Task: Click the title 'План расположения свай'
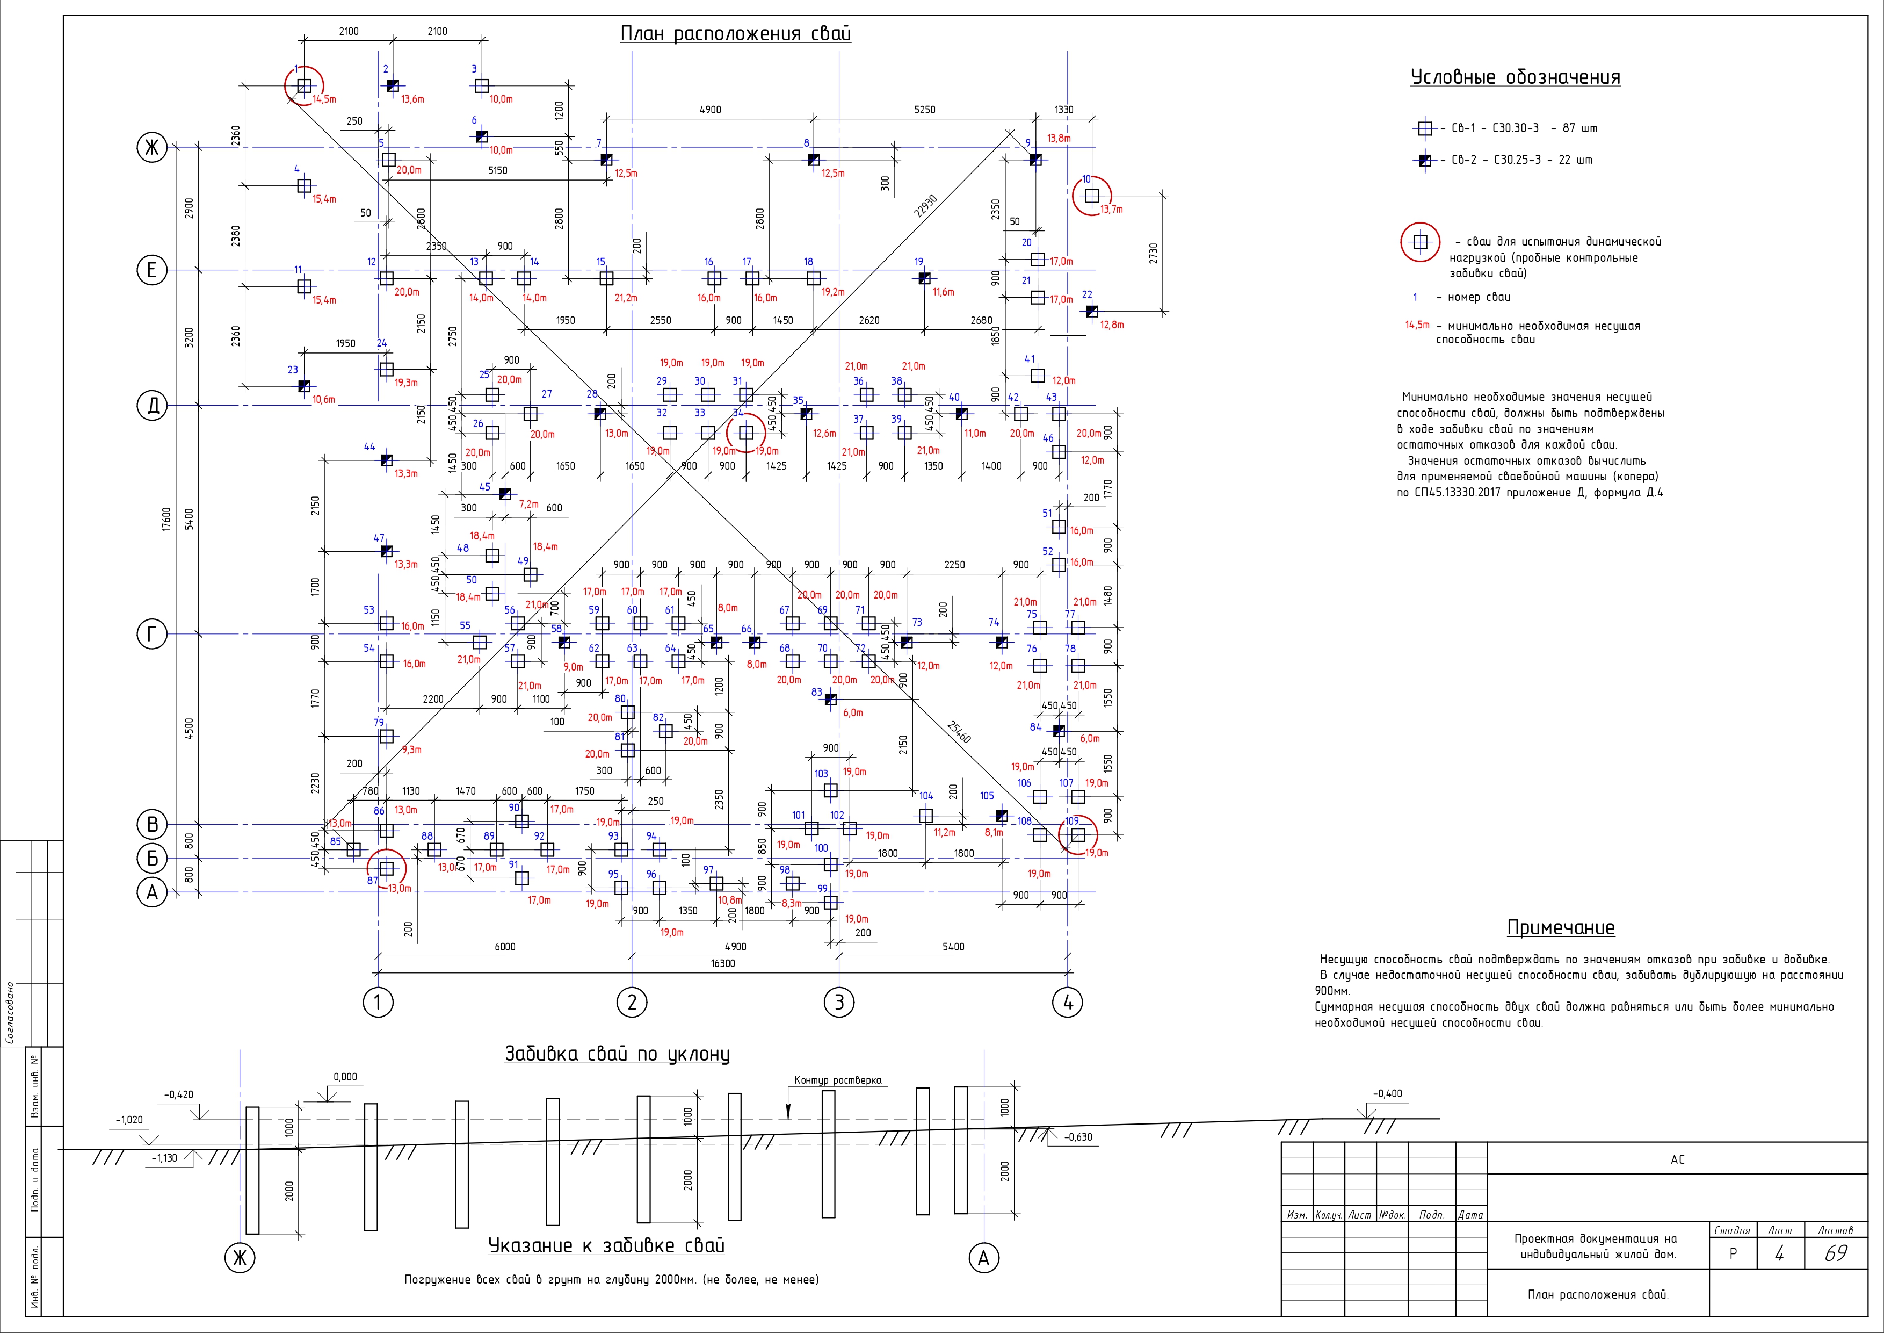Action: pyautogui.click(x=735, y=34)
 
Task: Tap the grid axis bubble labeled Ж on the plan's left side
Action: pyautogui.click(x=151, y=148)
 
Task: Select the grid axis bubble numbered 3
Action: pyautogui.click(x=838, y=1001)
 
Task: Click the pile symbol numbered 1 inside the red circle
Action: pyautogui.click(x=305, y=85)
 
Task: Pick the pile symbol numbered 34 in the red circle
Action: pyautogui.click(x=746, y=432)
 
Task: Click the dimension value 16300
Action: pyautogui.click(x=722, y=964)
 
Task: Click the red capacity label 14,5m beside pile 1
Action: pyautogui.click(x=324, y=99)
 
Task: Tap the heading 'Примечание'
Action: pyautogui.click(x=1561, y=927)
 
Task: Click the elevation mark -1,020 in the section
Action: pyautogui.click(x=129, y=1120)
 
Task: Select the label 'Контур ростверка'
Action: pyautogui.click(x=838, y=1080)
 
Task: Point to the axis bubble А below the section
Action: pyautogui.click(x=984, y=1257)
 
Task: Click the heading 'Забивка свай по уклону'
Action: pyautogui.click(x=617, y=1054)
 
